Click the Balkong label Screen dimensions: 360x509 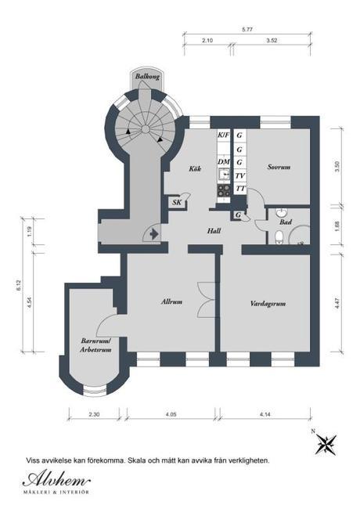coord(147,77)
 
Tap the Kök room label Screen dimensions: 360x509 coord(195,168)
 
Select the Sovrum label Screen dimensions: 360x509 coord(279,167)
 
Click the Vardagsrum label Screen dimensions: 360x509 coord(268,304)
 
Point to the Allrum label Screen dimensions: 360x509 coord(171,302)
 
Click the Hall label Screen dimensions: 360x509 coord(214,231)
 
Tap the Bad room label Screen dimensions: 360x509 coord(286,222)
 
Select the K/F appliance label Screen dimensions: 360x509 coord(223,135)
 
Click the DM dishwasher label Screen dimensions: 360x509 coord(224,161)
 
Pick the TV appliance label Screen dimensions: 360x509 coord(239,176)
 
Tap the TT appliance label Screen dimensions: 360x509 coord(240,188)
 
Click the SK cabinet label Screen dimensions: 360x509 coord(177,203)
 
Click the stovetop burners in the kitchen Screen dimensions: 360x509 coord(224,190)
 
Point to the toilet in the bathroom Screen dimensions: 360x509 coord(279,237)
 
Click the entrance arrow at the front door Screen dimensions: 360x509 coord(154,233)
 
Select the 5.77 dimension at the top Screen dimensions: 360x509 coord(247,29)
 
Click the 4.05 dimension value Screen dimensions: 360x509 coord(171,414)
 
